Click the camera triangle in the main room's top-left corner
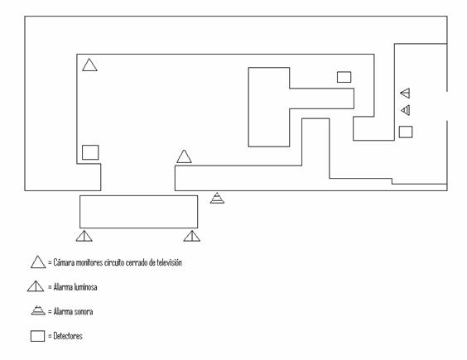pos(89,65)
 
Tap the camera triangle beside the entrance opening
pos(184,157)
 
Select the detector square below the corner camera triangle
pos(90,152)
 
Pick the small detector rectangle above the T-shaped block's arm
pos(344,77)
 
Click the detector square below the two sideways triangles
pos(406,132)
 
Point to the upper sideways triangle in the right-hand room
pos(406,94)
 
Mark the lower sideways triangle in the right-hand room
pos(406,110)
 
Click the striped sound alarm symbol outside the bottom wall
pos(217,199)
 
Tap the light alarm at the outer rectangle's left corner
pos(84,236)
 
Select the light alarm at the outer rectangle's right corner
pos(192,236)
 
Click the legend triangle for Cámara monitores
pos(38,262)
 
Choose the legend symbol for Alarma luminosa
pos(36,286)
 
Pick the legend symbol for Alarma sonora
pos(38,310)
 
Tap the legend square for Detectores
pos(37,336)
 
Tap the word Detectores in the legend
pos(68,336)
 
